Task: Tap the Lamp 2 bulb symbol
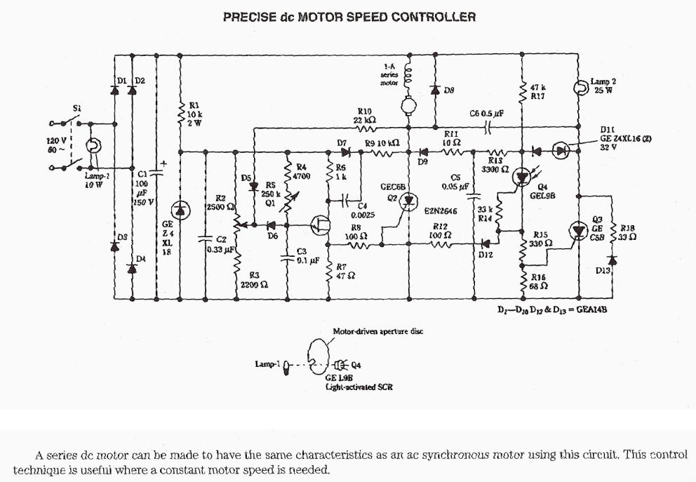pos(580,88)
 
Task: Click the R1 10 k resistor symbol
pos(181,112)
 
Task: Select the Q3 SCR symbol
pos(578,231)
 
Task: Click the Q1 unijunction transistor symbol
pos(320,225)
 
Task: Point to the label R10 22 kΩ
pos(366,116)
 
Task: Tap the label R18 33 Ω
pos(627,232)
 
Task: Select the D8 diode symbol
pos(435,90)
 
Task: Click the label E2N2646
pos(440,210)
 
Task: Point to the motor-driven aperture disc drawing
pos(320,359)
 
